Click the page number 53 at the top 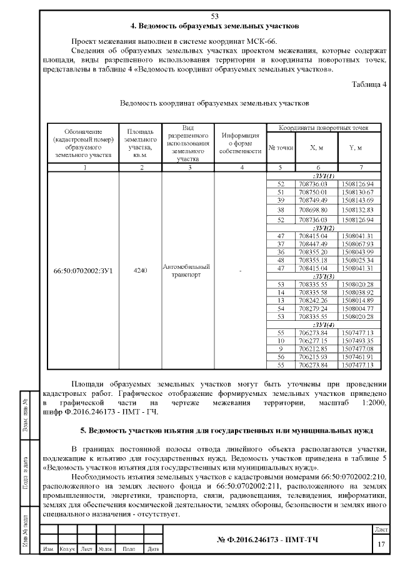pos(215,16)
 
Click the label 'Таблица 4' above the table pos(370,84)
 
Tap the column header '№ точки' pos(281,148)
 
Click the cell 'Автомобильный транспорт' pos(187,271)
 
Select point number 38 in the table pos(281,210)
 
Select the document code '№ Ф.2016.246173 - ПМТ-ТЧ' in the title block pos(267,539)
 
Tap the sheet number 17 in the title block pos(381,544)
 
